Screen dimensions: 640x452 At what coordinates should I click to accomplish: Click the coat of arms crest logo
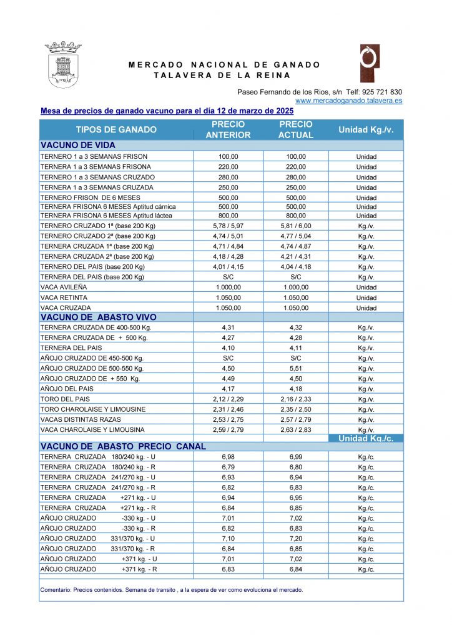(63, 64)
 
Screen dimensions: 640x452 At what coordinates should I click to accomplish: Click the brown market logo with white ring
(368, 63)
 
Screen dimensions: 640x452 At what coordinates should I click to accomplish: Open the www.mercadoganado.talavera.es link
(348, 100)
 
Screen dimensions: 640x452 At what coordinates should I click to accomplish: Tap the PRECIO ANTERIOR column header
(228, 129)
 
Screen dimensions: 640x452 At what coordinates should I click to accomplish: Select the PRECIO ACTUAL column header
(295, 129)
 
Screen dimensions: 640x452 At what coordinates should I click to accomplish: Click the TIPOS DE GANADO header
(116, 130)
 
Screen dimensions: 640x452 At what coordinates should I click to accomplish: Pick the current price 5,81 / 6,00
(295, 226)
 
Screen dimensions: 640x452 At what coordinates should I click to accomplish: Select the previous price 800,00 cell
(228, 216)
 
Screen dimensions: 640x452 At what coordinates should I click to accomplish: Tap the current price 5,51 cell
(295, 369)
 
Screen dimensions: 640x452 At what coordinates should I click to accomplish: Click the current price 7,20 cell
(295, 539)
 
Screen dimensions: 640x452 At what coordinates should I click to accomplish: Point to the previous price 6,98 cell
(228, 457)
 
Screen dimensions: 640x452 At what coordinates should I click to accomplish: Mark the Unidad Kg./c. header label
(366, 438)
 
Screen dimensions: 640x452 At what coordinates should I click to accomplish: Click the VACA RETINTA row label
(64, 297)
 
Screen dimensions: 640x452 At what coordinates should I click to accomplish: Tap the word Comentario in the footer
(56, 589)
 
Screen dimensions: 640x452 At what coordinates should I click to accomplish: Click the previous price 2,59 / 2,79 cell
(228, 430)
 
